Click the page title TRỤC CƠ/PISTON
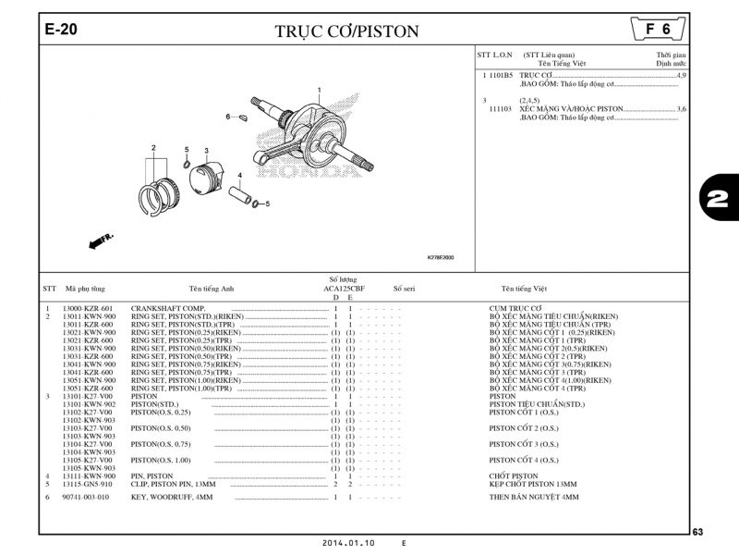[x=346, y=31]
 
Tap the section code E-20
[x=61, y=30]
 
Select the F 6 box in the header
[x=658, y=29]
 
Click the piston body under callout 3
[x=210, y=175]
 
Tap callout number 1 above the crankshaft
[x=319, y=90]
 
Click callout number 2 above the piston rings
[x=153, y=148]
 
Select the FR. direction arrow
[x=101, y=240]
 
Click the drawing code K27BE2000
[x=440, y=258]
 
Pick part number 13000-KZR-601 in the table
[x=88, y=308]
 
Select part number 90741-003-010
[x=86, y=497]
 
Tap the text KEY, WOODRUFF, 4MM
[x=172, y=497]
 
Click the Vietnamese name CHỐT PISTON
[x=513, y=476]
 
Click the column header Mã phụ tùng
[x=84, y=289]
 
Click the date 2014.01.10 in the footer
[x=349, y=543]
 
